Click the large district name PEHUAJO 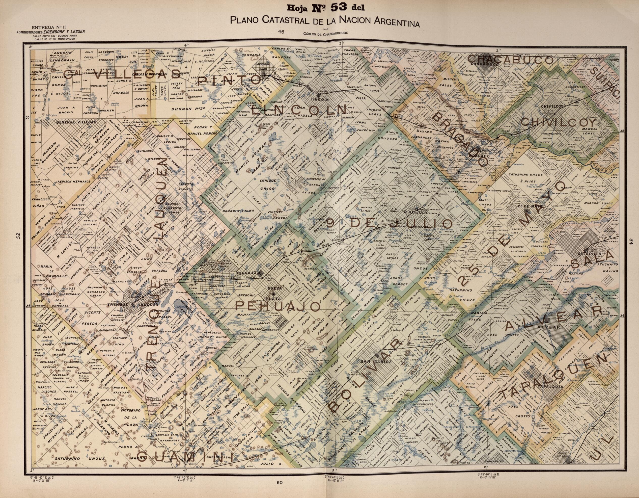coord(277,306)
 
